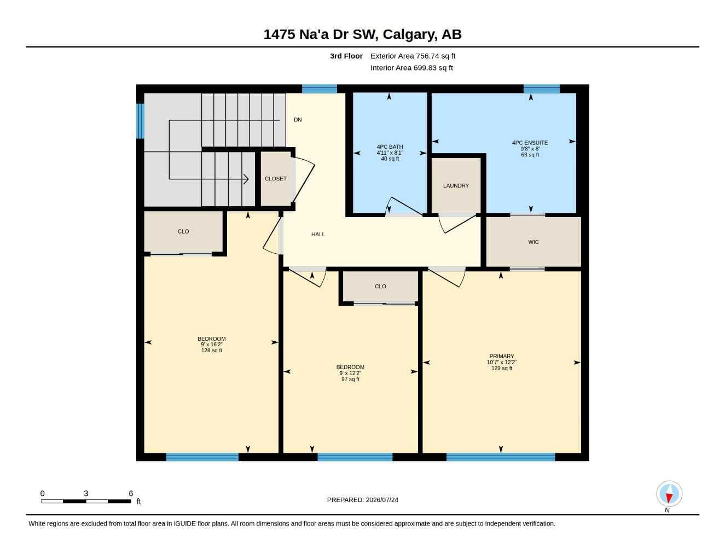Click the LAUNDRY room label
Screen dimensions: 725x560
click(x=456, y=186)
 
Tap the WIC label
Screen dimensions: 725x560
click(x=533, y=242)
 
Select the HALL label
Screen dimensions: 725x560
click(x=318, y=234)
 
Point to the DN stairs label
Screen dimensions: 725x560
click(x=298, y=120)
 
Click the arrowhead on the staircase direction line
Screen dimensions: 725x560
click(x=246, y=179)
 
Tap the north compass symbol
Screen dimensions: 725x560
click(x=669, y=494)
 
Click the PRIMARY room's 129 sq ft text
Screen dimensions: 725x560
click(x=501, y=369)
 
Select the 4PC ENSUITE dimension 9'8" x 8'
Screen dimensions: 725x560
click(x=530, y=149)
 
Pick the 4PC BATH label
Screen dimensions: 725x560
click(x=390, y=147)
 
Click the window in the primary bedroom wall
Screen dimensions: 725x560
click(x=501, y=457)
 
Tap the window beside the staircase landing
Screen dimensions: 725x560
click(x=141, y=121)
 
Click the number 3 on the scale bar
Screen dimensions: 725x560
click(x=86, y=493)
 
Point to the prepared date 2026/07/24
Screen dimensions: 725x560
click(x=382, y=500)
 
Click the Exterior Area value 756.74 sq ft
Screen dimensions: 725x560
click(x=435, y=56)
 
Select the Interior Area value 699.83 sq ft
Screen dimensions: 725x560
click(x=433, y=68)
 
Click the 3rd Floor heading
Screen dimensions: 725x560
click(x=346, y=56)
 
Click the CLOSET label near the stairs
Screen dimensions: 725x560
click(x=276, y=179)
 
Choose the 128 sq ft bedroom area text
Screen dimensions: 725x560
click(x=212, y=351)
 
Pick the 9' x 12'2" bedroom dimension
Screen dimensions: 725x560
click(x=350, y=374)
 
